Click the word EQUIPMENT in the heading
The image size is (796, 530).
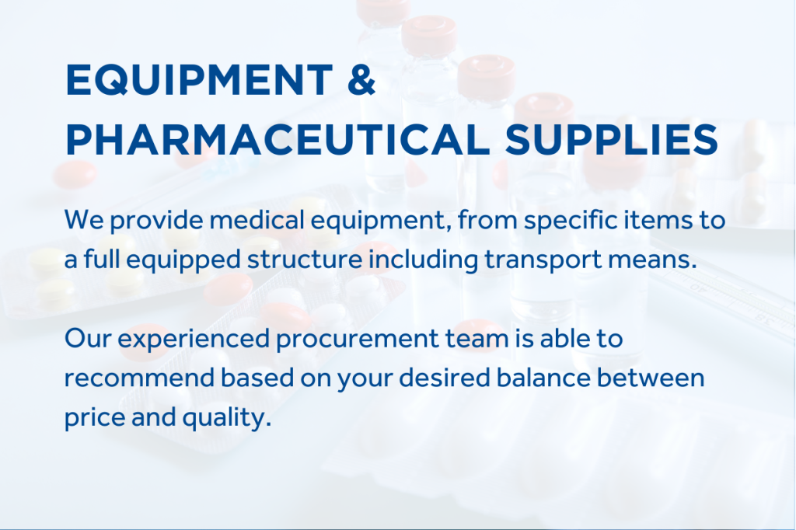click(199, 80)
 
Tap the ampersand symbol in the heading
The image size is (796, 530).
click(361, 79)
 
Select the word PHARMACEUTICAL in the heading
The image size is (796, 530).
click(278, 139)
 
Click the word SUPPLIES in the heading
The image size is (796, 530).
click(611, 139)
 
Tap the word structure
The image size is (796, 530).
click(305, 260)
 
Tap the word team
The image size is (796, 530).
click(477, 339)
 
